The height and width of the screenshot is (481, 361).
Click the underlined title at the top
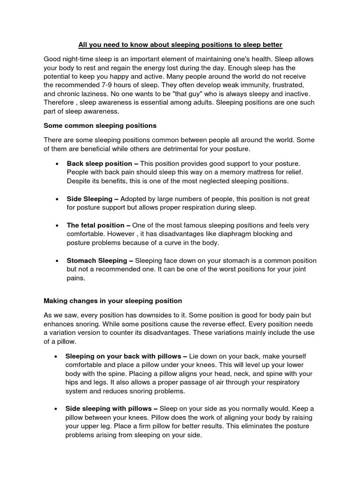pos(180,45)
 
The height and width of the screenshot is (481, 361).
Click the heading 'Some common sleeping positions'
pos(100,126)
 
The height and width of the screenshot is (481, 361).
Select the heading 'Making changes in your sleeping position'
pos(113,301)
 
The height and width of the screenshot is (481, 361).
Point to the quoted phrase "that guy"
pos(176,93)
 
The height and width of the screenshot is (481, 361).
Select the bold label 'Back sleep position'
pos(99,163)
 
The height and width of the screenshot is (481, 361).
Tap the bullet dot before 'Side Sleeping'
pos(57,200)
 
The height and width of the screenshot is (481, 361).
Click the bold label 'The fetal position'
pos(95,225)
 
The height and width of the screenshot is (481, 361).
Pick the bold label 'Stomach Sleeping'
pos(97,261)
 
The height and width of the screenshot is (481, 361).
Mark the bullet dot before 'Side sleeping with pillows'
pos(57,409)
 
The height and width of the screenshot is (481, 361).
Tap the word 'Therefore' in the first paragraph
pos(59,102)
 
